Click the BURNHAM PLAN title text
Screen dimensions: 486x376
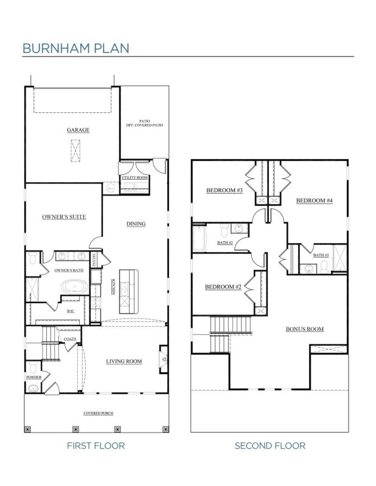(x=75, y=47)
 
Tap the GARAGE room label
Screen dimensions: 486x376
(x=78, y=130)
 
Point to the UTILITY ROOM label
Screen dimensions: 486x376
(x=134, y=177)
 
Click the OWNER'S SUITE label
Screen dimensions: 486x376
(x=63, y=217)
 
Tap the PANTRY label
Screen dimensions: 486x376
(x=96, y=260)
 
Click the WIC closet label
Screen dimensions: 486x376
(x=70, y=311)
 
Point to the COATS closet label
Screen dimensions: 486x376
(x=69, y=338)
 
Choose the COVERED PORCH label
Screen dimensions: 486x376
(x=98, y=413)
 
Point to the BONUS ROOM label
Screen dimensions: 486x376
(x=304, y=329)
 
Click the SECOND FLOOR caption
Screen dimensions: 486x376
(x=270, y=446)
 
